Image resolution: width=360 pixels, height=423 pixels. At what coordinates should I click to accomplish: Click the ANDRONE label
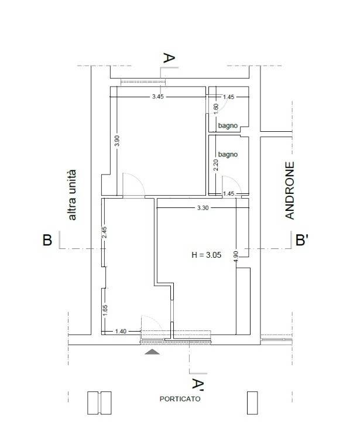pos(290,190)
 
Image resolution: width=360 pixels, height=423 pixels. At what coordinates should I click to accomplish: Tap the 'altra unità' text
pos(72,195)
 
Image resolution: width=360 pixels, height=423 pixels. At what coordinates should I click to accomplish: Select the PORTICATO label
pos(180,399)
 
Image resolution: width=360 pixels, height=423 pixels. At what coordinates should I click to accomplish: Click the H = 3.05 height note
pos(207,255)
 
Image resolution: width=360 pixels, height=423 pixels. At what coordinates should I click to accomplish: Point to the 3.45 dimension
pos(158,97)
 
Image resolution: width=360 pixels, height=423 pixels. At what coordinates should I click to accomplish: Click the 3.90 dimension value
pos(117,141)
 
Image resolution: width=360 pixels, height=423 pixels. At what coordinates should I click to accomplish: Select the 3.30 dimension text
pos(203,208)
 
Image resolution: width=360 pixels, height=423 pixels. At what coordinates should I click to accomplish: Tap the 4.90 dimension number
pos(236,257)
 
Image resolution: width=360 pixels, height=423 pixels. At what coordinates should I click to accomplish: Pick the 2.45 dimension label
pos(105,232)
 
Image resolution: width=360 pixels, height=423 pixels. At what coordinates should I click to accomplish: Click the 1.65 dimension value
pos(105,311)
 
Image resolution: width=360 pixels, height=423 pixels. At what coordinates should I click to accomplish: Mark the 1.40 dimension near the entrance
pos(121,331)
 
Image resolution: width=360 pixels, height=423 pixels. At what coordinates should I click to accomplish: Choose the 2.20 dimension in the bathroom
pos(216,165)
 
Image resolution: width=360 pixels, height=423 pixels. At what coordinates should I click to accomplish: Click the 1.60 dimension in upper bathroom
pos(216,109)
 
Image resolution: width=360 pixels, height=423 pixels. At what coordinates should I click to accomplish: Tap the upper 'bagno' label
pos(228,125)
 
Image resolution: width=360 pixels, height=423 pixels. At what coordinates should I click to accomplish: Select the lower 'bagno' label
pos(228,154)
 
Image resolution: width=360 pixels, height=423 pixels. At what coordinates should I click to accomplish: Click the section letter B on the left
pos(47,240)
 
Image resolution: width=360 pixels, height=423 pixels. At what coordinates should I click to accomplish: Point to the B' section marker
pos(302,240)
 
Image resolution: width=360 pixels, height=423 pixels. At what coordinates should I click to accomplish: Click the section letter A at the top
pos(169,58)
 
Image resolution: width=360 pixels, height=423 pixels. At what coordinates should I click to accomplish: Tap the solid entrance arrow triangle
pos(152,352)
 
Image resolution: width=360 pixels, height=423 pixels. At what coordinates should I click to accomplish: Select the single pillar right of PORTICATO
pos(252,403)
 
